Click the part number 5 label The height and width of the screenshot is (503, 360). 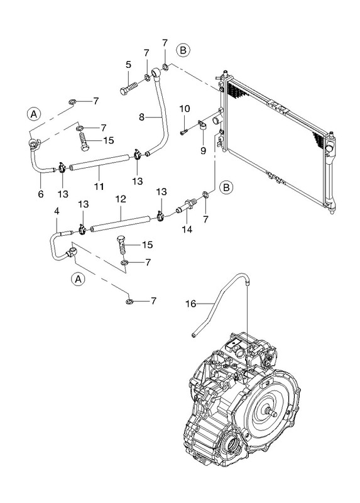128,65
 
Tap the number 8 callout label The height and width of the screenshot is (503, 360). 142,117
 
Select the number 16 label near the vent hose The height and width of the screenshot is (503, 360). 191,304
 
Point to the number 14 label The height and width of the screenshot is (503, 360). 187,229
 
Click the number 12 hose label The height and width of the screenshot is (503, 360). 121,199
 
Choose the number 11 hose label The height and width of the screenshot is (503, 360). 99,185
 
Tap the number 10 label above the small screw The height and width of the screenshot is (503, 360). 185,109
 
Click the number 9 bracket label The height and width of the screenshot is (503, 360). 203,150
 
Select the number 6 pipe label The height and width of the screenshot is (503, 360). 41,194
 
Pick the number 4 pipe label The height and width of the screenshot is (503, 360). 57,211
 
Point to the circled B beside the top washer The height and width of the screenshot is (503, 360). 183,50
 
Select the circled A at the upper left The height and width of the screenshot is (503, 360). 34,114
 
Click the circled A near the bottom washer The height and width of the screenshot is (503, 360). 78,279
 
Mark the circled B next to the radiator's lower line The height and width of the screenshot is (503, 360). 226,187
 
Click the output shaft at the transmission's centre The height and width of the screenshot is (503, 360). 271,412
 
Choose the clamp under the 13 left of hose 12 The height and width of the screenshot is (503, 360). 82,229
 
